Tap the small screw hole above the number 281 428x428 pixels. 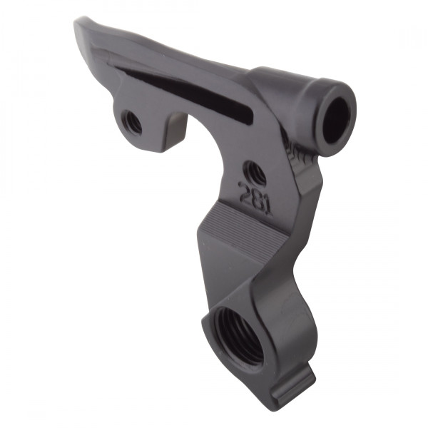[254, 172]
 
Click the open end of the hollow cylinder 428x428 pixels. [336, 117]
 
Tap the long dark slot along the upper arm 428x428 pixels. [185, 93]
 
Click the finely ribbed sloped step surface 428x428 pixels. [243, 228]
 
